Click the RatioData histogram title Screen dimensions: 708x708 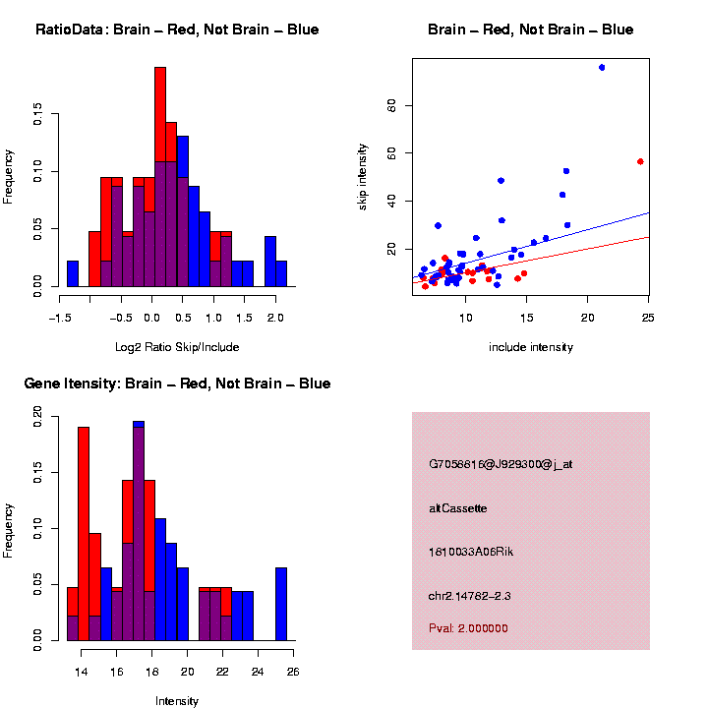[177, 29]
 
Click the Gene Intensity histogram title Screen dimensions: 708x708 [177, 383]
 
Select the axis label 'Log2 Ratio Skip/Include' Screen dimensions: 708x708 [177, 347]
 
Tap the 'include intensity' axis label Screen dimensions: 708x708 [531, 347]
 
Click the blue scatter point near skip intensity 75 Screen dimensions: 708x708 [602, 67]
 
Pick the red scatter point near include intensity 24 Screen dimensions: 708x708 [640, 161]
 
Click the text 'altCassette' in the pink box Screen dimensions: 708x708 [457, 508]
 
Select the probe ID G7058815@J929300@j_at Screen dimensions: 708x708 [501, 464]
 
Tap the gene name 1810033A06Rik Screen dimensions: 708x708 [471, 552]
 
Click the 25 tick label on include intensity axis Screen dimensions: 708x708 [649, 318]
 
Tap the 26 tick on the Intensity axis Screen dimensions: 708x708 [293, 672]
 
